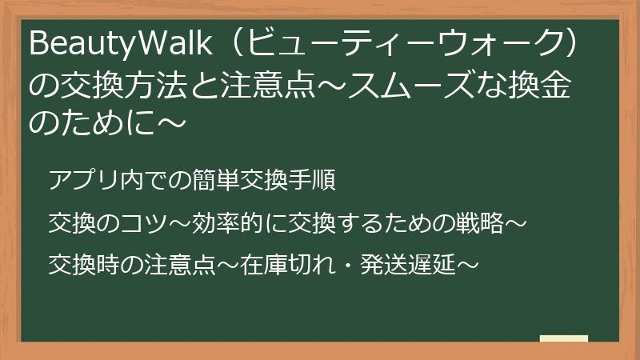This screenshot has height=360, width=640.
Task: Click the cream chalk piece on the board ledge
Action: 563,338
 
